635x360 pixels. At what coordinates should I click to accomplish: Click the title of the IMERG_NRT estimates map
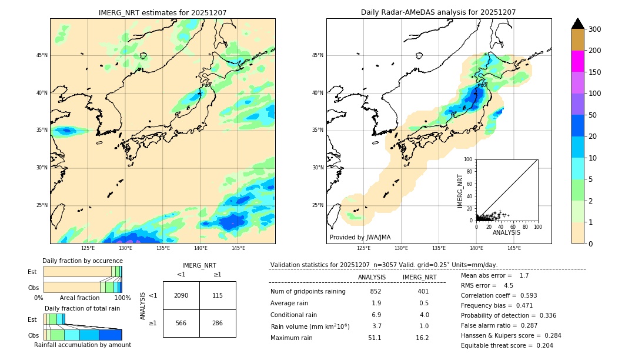point(162,12)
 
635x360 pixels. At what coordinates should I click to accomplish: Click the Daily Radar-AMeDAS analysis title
point(438,12)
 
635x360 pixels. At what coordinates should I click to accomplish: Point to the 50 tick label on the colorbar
point(594,94)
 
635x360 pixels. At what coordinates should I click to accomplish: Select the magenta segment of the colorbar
point(577,61)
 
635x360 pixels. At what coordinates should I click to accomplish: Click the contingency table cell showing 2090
point(181,295)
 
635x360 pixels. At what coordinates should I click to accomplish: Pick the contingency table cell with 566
point(181,323)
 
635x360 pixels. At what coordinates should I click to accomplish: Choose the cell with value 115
point(218,295)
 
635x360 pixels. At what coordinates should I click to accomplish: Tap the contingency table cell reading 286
point(218,323)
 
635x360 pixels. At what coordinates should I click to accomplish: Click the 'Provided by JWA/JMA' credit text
point(360,237)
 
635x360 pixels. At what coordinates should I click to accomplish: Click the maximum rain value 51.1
point(375,338)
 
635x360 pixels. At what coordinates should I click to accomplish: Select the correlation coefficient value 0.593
point(524,295)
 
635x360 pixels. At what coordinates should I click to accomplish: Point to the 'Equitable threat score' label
point(497,345)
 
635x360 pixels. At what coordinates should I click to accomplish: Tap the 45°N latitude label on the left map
point(42,55)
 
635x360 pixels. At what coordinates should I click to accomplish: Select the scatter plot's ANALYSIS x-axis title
point(506,232)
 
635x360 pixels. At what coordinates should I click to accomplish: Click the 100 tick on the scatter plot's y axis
point(469,159)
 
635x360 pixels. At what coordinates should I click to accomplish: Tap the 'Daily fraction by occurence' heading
point(82,261)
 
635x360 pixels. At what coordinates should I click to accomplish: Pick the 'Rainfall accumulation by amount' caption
point(82,345)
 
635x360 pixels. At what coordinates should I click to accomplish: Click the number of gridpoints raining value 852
point(376,291)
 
